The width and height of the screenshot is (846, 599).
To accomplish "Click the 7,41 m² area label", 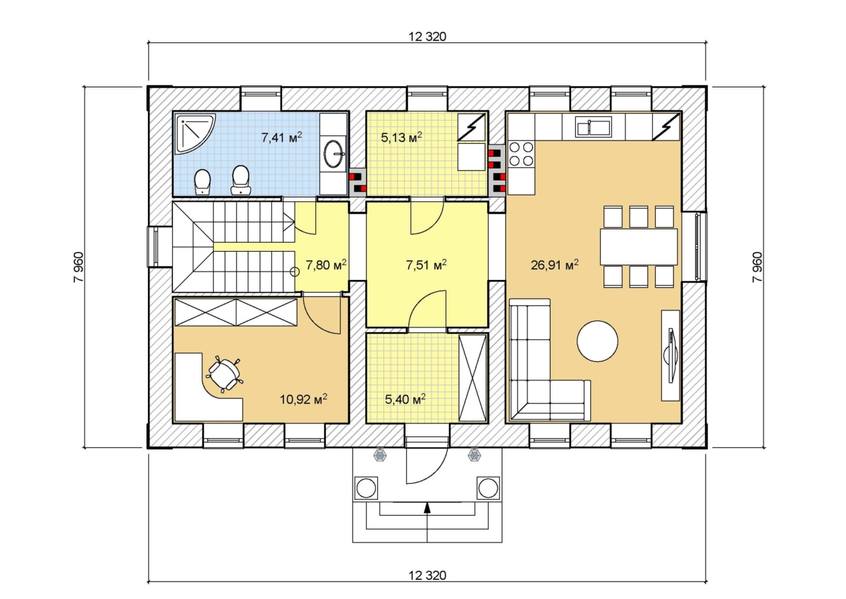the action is (x=282, y=137).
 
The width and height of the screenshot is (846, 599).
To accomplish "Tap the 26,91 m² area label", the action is (x=554, y=265).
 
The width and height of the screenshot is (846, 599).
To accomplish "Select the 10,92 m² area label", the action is (x=303, y=399).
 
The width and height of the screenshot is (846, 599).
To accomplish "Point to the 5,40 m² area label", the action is (x=405, y=399).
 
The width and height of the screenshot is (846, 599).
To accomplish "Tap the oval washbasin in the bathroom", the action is (x=334, y=154).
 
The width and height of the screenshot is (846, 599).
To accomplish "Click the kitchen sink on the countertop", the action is (x=594, y=126).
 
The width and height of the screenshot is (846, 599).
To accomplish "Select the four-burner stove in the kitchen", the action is (x=521, y=154).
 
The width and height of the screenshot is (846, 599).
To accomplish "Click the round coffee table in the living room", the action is (x=597, y=341).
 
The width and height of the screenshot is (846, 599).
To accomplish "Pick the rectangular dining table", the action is (x=639, y=247).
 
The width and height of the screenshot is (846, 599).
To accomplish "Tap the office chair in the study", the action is (x=223, y=374).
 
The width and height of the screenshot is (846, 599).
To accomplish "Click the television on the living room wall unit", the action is (x=670, y=356).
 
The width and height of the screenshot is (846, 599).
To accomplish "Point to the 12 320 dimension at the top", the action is (x=427, y=37).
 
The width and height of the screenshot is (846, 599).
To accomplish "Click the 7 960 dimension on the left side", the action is (x=79, y=267).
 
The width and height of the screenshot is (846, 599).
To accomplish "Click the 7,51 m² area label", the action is (x=427, y=265).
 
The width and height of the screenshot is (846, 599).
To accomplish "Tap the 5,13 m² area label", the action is (x=401, y=137).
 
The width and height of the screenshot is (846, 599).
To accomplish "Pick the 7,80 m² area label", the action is (x=326, y=265).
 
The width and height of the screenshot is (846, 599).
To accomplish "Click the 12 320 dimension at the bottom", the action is (x=427, y=575).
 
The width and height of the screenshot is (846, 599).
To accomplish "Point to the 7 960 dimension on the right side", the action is (x=757, y=267).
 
